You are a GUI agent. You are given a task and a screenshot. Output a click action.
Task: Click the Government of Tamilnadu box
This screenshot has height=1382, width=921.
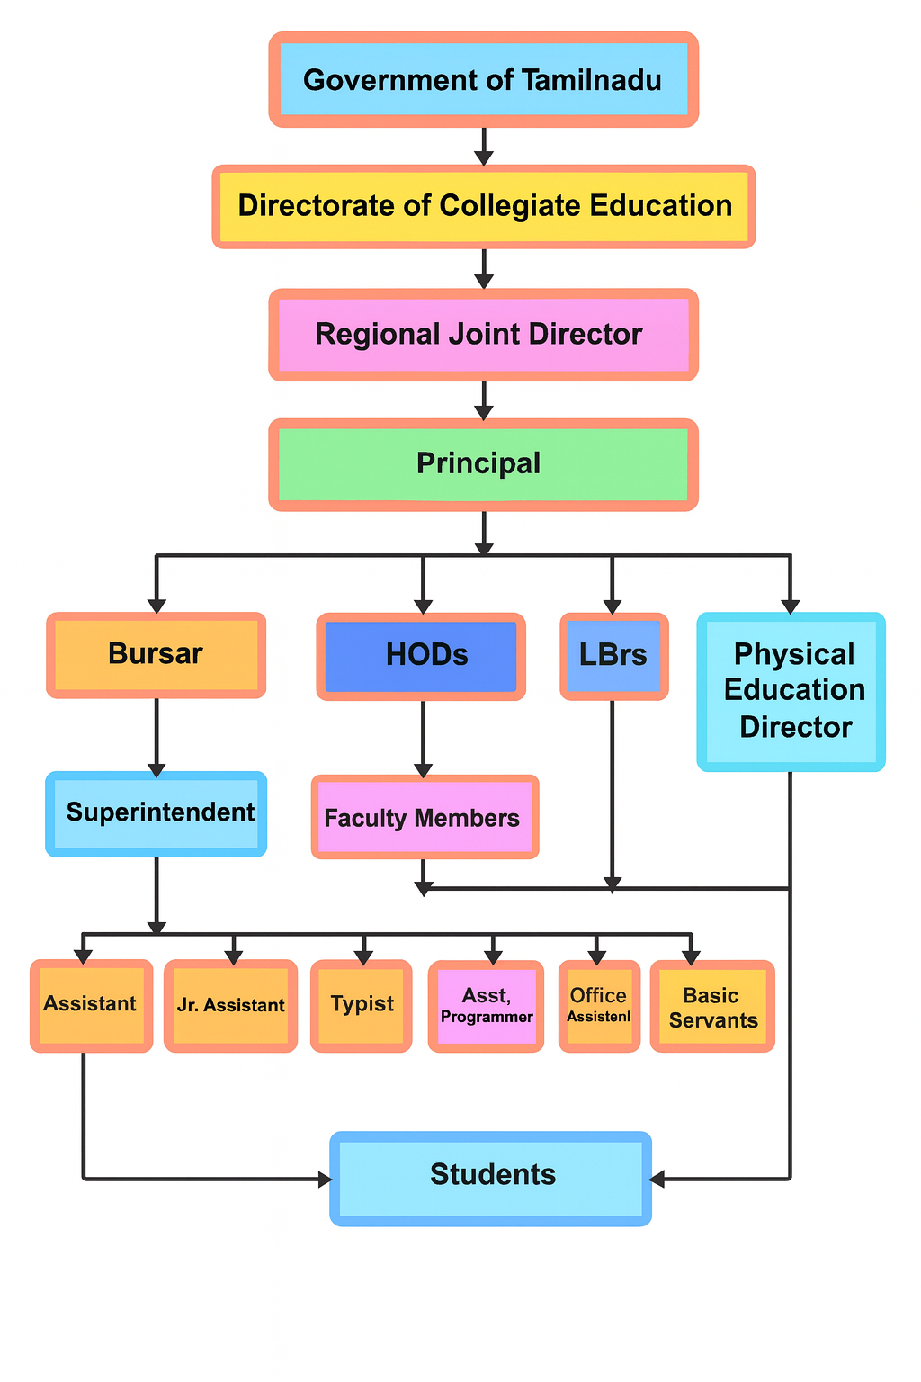pyautogui.click(x=483, y=80)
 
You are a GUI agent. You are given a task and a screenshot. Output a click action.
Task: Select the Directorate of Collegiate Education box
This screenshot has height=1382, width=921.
pyautogui.click(x=483, y=206)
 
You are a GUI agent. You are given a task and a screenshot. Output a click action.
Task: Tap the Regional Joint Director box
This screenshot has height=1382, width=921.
pyautogui.click(x=483, y=335)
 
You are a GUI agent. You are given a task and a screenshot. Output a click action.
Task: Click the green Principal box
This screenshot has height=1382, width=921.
pyautogui.click(x=483, y=464)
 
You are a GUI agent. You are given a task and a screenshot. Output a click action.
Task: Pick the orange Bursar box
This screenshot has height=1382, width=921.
pyautogui.click(x=156, y=654)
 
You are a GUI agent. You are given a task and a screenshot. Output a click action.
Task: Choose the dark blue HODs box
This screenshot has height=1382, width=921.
pyautogui.click(x=421, y=656)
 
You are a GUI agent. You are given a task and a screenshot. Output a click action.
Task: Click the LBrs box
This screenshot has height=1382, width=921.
pyautogui.click(x=613, y=656)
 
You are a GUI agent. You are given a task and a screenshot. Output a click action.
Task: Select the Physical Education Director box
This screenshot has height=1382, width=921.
pyautogui.click(x=791, y=691)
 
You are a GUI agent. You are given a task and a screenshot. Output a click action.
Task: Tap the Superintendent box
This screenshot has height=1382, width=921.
pyautogui.click(x=156, y=813)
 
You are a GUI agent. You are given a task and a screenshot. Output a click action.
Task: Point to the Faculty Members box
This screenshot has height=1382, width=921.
pyautogui.click(x=425, y=818)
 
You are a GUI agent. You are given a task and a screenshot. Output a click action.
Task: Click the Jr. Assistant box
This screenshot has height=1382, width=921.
pyautogui.click(x=231, y=1005)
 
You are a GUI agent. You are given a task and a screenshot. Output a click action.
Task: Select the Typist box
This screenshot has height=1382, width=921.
pyautogui.click(x=362, y=1005)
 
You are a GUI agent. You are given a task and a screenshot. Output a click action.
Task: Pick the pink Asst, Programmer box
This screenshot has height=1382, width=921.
pyautogui.click(x=487, y=1006)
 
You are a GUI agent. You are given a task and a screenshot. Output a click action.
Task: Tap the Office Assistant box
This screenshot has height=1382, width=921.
pyautogui.click(x=599, y=1006)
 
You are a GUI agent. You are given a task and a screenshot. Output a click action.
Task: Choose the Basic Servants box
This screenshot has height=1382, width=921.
pyautogui.click(x=712, y=1007)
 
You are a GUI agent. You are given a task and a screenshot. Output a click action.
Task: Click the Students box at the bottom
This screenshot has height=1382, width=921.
pyautogui.click(x=491, y=1177)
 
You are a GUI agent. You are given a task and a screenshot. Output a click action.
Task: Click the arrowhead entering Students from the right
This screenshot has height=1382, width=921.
pyautogui.click(x=657, y=1179)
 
